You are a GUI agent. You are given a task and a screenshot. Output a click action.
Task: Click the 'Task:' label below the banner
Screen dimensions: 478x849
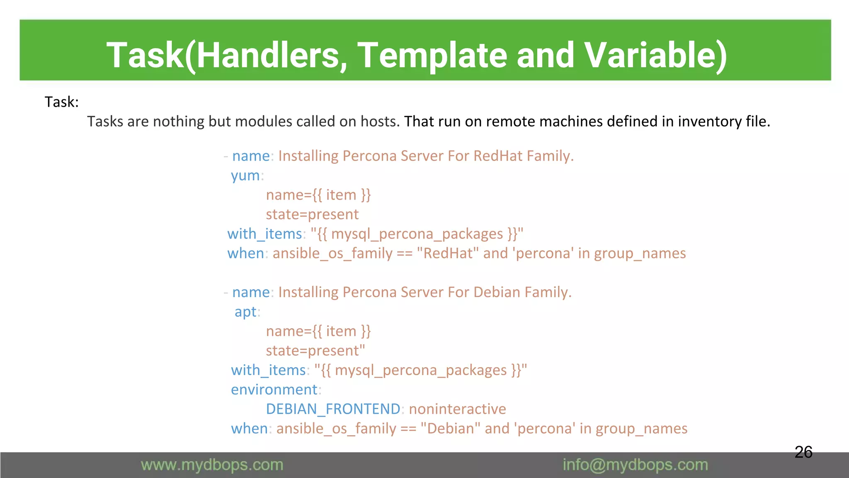point(61,102)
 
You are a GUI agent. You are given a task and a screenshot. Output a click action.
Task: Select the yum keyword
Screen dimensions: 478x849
point(245,176)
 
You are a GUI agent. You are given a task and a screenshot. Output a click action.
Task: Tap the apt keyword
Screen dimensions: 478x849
point(245,312)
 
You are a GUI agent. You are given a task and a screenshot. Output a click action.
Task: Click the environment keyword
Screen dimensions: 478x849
point(274,390)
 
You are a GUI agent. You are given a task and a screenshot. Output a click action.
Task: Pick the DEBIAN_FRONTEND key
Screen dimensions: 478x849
point(333,409)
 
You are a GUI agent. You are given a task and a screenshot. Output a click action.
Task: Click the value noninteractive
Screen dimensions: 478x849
point(457,409)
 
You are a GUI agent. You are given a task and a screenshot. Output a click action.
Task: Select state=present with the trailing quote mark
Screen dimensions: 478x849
point(315,351)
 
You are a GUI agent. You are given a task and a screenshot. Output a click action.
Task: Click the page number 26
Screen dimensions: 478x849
point(803,452)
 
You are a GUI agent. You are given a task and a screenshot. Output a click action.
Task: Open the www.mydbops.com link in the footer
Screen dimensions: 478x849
point(212,465)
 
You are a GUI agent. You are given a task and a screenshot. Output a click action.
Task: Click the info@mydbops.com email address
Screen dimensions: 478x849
point(635,465)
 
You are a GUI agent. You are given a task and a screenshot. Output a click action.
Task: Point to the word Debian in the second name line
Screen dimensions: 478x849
point(497,293)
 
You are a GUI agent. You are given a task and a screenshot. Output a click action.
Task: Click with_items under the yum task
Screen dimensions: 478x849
point(264,234)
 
